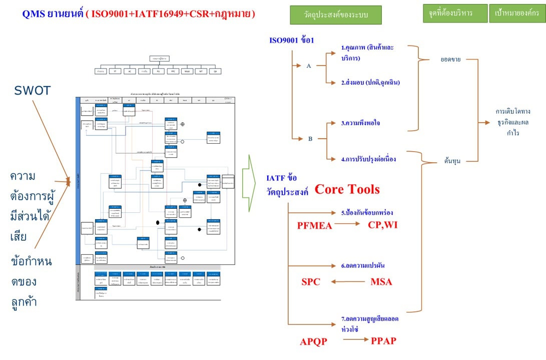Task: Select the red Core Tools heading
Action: click(347, 189)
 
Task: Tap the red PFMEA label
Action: click(314, 225)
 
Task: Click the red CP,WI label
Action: click(383, 224)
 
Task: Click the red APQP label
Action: click(313, 342)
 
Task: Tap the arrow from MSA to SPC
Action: click(348, 282)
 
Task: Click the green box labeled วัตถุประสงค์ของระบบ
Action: click(335, 15)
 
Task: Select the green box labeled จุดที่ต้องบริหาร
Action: click(454, 14)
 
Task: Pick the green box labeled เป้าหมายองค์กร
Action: click(517, 14)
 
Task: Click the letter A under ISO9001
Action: click(309, 66)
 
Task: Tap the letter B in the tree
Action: click(310, 139)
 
